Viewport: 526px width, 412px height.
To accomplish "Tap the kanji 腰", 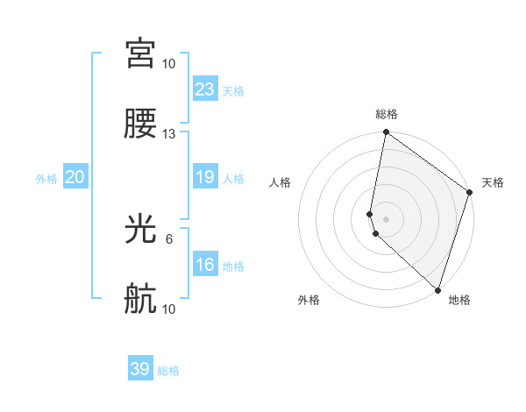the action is pos(140,124).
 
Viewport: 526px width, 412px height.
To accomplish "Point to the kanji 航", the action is pos(140,300).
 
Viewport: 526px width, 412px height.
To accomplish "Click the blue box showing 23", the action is pos(205,89).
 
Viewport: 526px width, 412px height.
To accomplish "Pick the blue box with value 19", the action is pos(205,178).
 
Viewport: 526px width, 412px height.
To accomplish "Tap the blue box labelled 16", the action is pos(205,265).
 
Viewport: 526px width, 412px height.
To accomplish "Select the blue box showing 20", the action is pos(75,178).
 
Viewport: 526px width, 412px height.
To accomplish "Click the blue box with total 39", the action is pos(140,369).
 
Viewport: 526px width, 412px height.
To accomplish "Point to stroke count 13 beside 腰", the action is pos(169,134).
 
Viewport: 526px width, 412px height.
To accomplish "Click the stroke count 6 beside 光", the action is pos(169,238).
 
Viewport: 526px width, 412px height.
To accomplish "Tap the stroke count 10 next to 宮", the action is pos(169,63).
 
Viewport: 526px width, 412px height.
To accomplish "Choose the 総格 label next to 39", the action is pos(168,371).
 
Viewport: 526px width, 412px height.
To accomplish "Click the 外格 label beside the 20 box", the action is pos(46,179).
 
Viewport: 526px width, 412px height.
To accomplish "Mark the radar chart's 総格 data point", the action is pos(386,132).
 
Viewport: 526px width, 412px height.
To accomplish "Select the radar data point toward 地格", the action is pos(437,290).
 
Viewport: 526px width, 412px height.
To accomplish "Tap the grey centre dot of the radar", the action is pos(386,217).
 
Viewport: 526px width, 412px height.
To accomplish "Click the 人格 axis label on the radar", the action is pos(281,182).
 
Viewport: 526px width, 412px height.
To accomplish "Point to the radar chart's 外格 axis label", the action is pos(309,300).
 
